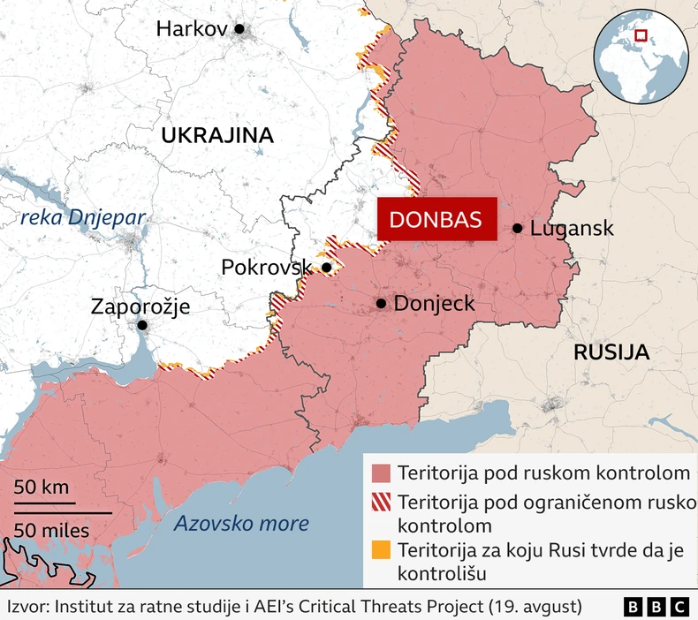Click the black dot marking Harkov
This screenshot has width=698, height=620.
239,29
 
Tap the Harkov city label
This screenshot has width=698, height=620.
192,29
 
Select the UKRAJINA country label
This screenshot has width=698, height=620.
216,135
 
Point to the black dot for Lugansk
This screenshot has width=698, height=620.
517,229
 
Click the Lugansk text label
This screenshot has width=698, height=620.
572,229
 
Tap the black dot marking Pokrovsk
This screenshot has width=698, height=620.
327,268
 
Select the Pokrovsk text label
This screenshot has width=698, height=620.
267,268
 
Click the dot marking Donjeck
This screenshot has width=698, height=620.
381,303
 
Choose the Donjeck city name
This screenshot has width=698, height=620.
434,304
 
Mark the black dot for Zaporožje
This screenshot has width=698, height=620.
141,326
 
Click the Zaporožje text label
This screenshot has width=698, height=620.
140,306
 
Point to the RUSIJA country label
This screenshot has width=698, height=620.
611,352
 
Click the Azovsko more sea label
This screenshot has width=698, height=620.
241,523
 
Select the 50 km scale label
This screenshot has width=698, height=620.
42,488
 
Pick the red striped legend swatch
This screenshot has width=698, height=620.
381,503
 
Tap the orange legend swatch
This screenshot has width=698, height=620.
381,551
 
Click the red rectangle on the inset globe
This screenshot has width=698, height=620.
641,36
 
